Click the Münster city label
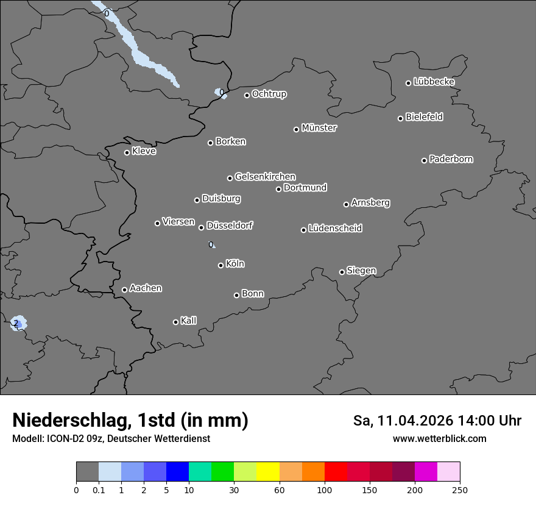[x=319, y=128]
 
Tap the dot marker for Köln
[x=220, y=265]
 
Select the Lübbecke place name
[x=434, y=82]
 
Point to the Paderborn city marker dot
[x=425, y=160]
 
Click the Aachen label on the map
[x=146, y=288]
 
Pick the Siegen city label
[x=361, y=271]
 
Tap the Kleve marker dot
[x=127, y=152]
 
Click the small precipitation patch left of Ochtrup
[x=220, y=93]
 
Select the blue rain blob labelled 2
[x=19, y=324]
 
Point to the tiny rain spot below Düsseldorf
[x=211, y=244]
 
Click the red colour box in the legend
[x=336, y=472]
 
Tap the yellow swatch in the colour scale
[x=268, y=472]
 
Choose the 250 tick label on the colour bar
[x=460, y=490]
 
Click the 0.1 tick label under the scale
[x=99, y=490]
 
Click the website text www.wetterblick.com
[x=439, y=438]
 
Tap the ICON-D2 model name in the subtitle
[x=64, y=438]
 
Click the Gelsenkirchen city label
[x=265, y=177]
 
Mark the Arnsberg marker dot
[x=346, y=204]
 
